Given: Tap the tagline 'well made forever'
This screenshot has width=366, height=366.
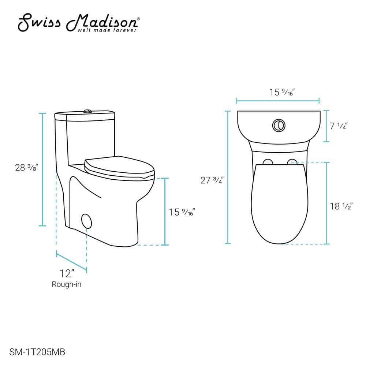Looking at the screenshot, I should pyautogui.click(x=107, y=30).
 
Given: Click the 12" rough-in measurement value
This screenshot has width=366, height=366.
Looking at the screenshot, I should pyautogui.click(x=67, y=273).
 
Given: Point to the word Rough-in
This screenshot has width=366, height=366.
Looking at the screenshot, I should pyautogui.click(x=67, y=284).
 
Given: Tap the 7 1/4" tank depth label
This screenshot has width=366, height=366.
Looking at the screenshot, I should pyautogui.click(x=338, y=126).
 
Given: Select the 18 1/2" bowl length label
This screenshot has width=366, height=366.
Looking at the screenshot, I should pyautogui.click(x=340, y=206).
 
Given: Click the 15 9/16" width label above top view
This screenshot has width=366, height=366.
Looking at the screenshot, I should pyautogui.click(x=282, y=92).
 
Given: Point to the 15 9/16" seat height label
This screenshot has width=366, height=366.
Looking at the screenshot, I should pyautogui.click(x=182, y=212).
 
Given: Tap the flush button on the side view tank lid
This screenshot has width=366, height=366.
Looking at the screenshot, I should pyautogui.click(x=87, y=110).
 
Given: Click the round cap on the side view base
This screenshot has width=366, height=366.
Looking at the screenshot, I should pyautogui.click(x=87, y=221).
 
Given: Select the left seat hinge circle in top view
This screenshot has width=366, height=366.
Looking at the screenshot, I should pyautogui.click(x=268, y=162).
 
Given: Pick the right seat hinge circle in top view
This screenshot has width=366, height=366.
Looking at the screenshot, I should pyautogui.click(x=292, y=161).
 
